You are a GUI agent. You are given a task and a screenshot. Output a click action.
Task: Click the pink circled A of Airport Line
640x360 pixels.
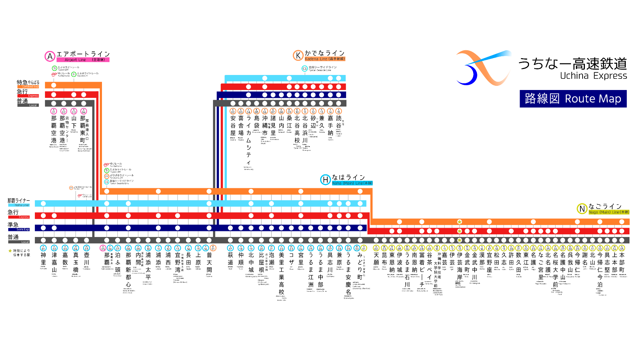point(50,57)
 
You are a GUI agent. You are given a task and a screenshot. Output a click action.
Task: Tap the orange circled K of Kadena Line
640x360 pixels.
point(298,55)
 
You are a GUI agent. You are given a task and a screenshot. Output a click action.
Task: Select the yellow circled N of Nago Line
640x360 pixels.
point(582,209)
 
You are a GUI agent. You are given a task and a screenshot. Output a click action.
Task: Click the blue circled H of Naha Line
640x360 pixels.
point(325,180)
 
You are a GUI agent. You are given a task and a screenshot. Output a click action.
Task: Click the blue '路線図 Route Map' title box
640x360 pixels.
point(573,99)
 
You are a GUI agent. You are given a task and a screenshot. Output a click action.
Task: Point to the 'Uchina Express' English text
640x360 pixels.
point(593,76)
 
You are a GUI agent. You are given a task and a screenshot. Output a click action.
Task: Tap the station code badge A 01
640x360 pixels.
point(54,111)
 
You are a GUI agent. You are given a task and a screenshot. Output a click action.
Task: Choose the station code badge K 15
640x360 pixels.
point(339,111)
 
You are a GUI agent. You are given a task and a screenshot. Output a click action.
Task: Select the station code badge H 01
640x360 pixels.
point(43,248)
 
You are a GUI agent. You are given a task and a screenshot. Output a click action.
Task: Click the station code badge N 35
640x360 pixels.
point(622,248)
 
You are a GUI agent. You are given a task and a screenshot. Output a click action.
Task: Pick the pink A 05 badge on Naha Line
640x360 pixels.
point(103,248)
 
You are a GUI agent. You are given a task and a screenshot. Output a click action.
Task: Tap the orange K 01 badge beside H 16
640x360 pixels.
point(213,248)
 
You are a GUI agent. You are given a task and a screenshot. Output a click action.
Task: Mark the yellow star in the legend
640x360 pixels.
point(10,251)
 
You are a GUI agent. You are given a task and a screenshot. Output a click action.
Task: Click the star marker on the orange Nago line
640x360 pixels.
point(459,222)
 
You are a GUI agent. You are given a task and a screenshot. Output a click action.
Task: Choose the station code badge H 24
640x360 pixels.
point(301,248)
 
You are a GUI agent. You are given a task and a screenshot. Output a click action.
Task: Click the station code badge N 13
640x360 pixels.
point(460,248)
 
